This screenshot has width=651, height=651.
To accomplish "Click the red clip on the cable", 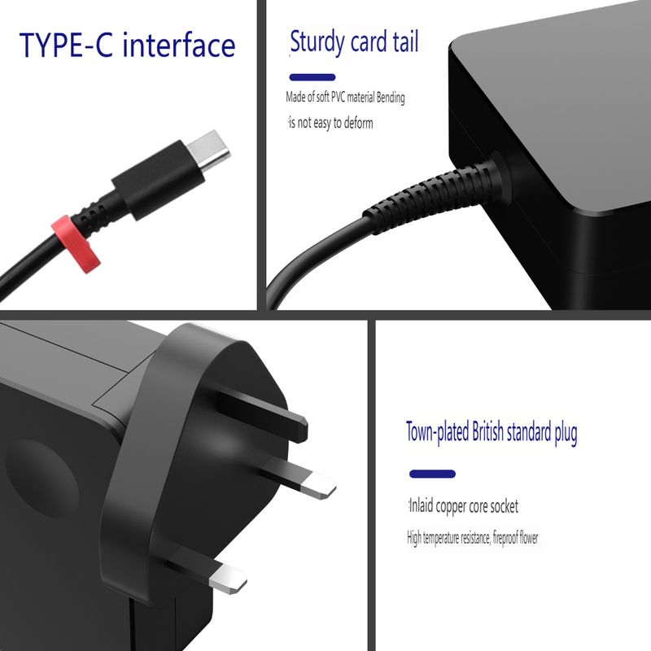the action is pos(76,244).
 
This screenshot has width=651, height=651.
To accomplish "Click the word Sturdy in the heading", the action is pos(317,42).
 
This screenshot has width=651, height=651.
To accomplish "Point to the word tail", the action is pos(405,42).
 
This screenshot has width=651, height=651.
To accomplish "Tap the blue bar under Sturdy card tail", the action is pos(312,77).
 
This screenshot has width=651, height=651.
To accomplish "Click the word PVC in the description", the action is pos(338,97).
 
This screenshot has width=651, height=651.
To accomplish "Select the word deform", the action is pos(358,123).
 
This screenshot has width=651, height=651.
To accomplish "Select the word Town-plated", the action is pos(438,432).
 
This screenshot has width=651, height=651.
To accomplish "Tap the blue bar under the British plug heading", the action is pos(433,474).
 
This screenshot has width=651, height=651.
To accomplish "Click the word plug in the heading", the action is pos(566,433).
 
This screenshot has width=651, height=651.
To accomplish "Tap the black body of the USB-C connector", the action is pos(158,179).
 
